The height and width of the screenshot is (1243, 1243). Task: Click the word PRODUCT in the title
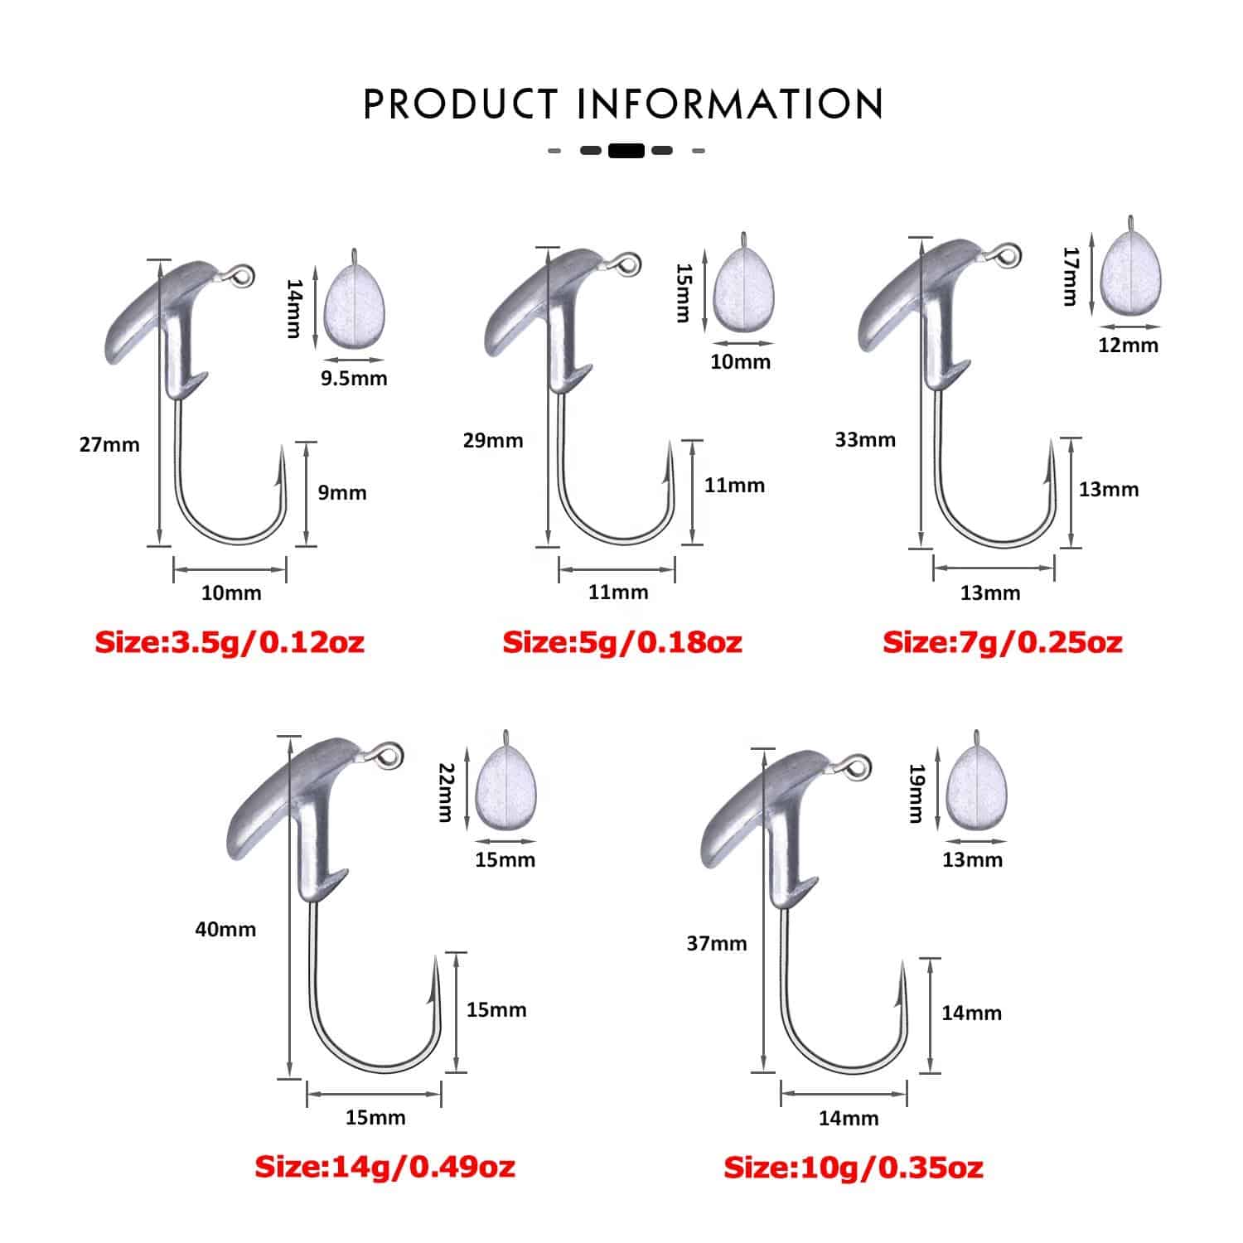(x=461, y=104)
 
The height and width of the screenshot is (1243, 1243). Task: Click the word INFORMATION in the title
(x=730, y=104)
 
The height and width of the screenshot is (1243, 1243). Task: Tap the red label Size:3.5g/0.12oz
(x=230, y=642)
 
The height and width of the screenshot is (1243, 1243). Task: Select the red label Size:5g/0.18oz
(x=622, y=642)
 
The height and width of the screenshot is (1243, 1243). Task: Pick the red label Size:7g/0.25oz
(x=1003, y=642)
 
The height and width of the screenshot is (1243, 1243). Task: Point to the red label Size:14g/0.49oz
(x=385, y=1167)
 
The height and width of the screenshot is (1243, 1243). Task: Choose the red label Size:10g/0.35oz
(x=854, y=1168)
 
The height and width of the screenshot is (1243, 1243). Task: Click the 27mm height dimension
(x=109, y=445)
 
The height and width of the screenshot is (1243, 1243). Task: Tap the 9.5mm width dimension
(x=354, y=379)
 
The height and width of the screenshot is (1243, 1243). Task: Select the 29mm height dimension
(x=493, y=440)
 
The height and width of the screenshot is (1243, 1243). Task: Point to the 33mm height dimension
(x=865, y=439)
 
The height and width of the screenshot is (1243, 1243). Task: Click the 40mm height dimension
(x=225, y=930)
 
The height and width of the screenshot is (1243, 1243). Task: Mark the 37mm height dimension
(x=717, y=943)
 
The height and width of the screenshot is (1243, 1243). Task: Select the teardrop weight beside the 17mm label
(x=1129, y=270)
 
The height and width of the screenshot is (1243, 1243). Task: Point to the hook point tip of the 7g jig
(x=1052, y=442)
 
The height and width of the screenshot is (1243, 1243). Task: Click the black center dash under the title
(x=626, y=151)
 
